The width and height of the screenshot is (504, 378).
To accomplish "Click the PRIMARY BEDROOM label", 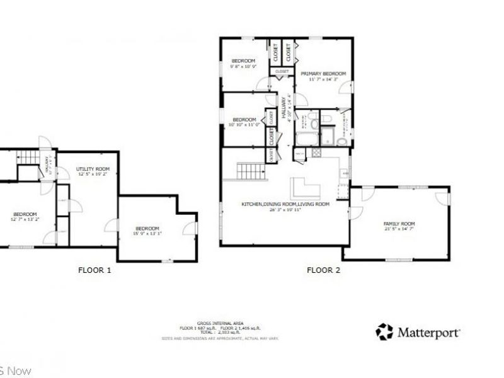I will (x=323, y=74).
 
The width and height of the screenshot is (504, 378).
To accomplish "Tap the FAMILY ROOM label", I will (x=399, y=224).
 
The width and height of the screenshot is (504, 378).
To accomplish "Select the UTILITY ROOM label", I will (x=93, y=169).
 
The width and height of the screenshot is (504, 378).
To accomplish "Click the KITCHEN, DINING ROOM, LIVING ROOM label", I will (x=285, y=204).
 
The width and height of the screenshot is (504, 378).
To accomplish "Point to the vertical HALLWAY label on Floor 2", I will (x=284, y=108).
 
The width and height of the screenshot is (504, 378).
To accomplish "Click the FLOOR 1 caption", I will (x=94, y=270).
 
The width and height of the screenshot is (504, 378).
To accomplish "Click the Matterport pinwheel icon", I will (x=384, y=331).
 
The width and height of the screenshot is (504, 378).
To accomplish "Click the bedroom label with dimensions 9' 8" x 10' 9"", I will (x=244, y=60).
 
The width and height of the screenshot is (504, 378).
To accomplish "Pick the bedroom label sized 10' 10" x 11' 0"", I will (x=244, y=120).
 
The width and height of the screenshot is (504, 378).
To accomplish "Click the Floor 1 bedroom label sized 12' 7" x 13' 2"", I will (x=25, y=214).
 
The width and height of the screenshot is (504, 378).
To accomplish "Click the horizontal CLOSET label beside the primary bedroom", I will (x=282, y=72).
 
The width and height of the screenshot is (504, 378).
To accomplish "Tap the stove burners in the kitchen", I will (x=345, y=173).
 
